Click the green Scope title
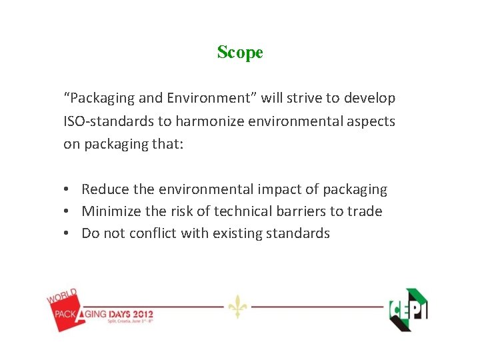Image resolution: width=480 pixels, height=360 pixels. tap(240, 52)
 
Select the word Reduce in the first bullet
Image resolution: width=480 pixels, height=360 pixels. tap(105, 189)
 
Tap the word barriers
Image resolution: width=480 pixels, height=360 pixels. tap(317, 211)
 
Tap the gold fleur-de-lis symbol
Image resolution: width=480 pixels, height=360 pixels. tap(237, 307)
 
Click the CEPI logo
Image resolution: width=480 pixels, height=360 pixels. tap(408, 309)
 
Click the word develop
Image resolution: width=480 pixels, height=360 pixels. tap(371, 98)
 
